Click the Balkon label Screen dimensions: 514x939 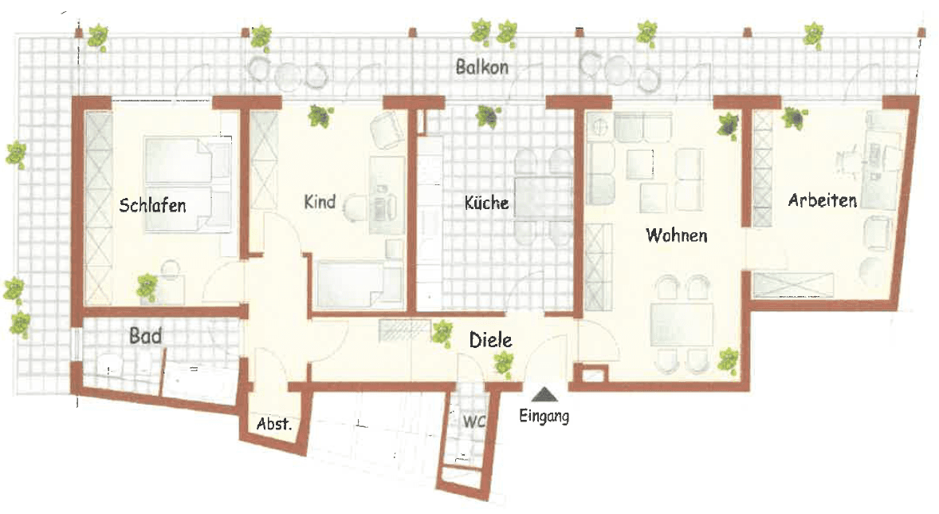point(481,67)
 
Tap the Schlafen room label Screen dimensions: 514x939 point(152,205)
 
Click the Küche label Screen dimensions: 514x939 point(486,203)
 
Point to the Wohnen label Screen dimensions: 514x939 point(677,235)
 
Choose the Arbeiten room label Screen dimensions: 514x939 point(823,200)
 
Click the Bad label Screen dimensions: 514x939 point(146,336)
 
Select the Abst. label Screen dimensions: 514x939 point(273,425)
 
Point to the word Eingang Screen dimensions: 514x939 point(544,415)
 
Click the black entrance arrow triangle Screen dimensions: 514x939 point(544,393)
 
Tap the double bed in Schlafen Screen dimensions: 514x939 point(188,184)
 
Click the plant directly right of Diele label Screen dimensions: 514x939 point(502,364)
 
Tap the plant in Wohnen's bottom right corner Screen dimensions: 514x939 point(728,360)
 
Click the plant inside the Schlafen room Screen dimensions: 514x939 point(146,286)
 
